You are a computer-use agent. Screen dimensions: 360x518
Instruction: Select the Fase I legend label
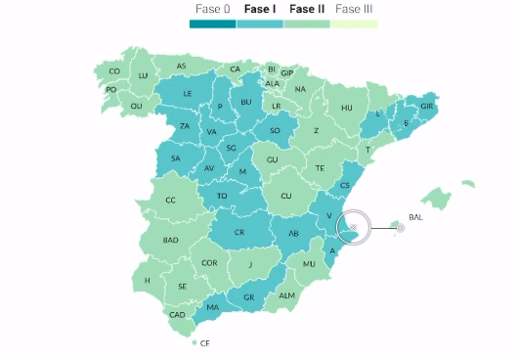(260, 9)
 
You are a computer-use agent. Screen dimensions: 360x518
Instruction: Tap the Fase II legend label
(307, 9)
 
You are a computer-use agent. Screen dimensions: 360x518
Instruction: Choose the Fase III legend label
(355, 9)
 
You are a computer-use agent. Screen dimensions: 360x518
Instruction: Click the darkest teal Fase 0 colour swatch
(212, 23)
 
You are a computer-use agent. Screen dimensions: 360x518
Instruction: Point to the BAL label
(416, 217)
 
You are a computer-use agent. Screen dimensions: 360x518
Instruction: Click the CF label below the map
(204, 343)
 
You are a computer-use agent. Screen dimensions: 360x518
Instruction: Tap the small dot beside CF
(194, 343)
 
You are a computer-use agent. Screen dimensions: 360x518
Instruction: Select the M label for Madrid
(241, 172)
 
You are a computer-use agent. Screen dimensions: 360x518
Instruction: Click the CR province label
(238, 231)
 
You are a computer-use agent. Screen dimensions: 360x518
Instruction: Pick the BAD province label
(171, 240)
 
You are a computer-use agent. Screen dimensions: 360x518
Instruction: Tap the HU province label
(346, 108)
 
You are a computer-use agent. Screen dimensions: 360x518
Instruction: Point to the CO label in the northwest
(114, 70)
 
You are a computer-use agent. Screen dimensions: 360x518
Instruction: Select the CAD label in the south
(177, 315)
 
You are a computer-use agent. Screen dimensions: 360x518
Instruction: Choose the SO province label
(275, 129)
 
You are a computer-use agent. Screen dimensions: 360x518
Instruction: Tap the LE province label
(188, 94)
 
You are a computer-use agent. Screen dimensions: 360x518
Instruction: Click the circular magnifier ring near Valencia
(355, 227)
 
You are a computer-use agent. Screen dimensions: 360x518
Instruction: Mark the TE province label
(319, 168)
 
